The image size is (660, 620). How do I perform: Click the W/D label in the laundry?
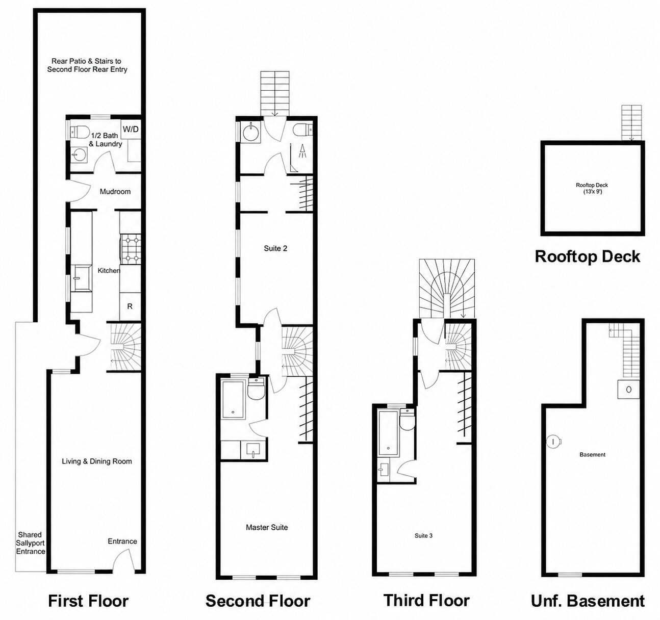coord(130,129)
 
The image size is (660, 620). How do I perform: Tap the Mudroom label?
coord(115,192)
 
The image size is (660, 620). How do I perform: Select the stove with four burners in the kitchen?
coord(130,249)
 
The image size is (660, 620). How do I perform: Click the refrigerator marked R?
coord(130,306)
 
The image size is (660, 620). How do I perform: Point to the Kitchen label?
coord(109,270)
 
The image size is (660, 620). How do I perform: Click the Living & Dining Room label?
coord(97,461)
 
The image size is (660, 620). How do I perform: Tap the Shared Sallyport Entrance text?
coord(30,543)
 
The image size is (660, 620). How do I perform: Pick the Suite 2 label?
coord(275,248)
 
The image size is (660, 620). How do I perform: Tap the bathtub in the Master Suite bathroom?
coord(233,399)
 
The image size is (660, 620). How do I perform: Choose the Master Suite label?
coord(267,527)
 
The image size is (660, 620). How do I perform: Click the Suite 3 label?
coord(423,535)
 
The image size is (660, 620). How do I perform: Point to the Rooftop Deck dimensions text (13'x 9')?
coord(593,192)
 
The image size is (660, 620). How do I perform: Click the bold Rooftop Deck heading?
coord(587,257)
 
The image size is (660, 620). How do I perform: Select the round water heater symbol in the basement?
coord(554,442)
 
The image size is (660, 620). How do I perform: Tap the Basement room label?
coord(593,454)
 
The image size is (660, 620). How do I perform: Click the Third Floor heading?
coord(426,600)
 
